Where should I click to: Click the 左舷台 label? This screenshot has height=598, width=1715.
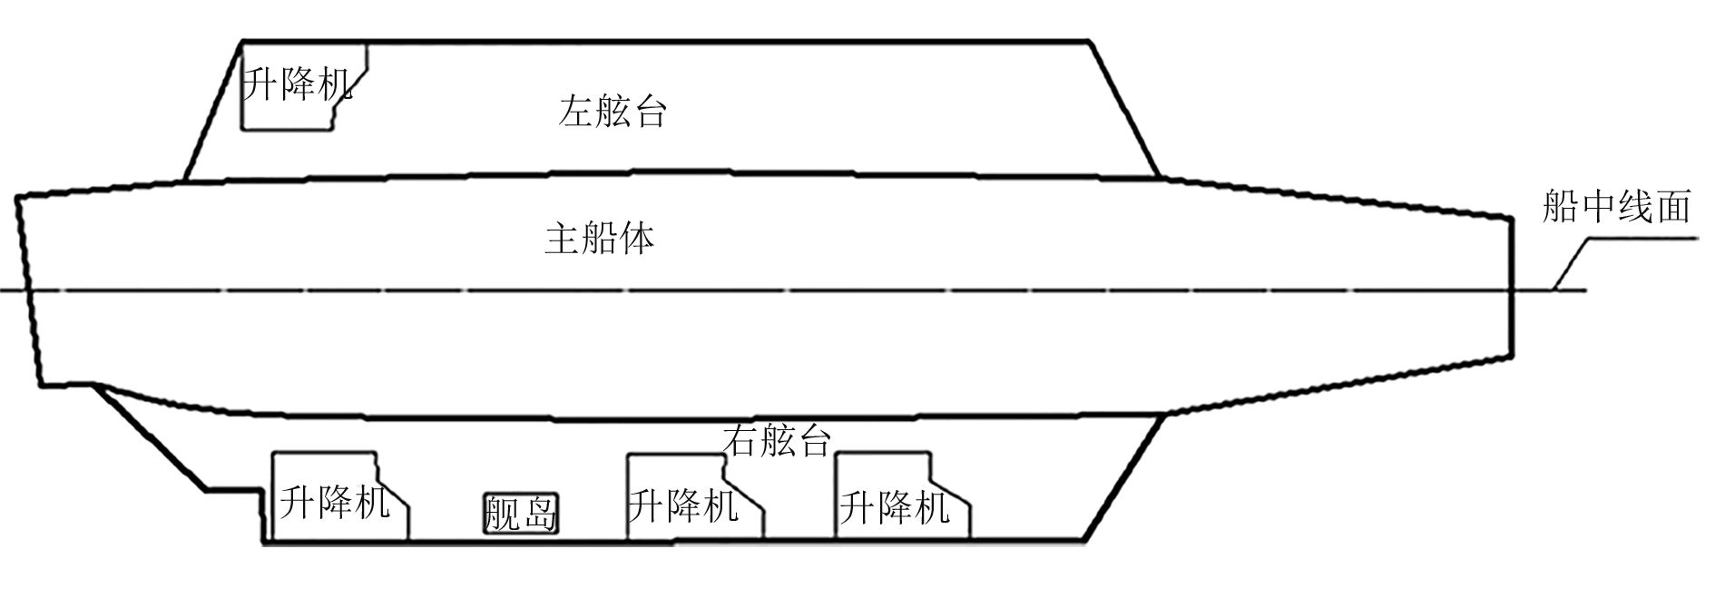(x=613, y=112)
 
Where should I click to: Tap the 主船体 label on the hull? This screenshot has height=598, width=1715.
(x=599, y=239)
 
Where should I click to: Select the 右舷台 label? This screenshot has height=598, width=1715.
(x=777, y=440)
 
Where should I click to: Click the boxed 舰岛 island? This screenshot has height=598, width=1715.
(x=519, y=514)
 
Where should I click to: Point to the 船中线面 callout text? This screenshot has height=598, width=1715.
(x=1616, y=208)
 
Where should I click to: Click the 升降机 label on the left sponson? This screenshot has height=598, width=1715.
(x=297, y=85)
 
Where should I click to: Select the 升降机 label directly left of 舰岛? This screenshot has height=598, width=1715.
(x=334, y=502)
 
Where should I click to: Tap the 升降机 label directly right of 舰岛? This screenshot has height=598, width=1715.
(x=683, y=505)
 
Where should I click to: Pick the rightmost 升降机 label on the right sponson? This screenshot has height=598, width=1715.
(x=895, y=507)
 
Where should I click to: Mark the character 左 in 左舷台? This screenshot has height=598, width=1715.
(x=577, y=112)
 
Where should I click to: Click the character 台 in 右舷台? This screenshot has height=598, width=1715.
(x=813, y=440)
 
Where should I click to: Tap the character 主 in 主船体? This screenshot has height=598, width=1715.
(x=563, y=239)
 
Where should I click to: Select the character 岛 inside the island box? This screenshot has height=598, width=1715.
(x=537, y=514)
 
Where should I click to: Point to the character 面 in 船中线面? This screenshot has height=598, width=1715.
(x=1672, y=208)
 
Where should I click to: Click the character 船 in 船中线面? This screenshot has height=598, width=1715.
(x=1561, y=208)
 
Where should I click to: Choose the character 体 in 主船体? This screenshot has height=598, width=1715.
(x=636, y=239)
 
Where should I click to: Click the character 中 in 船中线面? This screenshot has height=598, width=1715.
(x=1598, y=208)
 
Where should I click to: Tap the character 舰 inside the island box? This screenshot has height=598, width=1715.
(x=501, y=514)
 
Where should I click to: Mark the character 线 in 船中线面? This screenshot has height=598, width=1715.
(x=1635, y=208)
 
